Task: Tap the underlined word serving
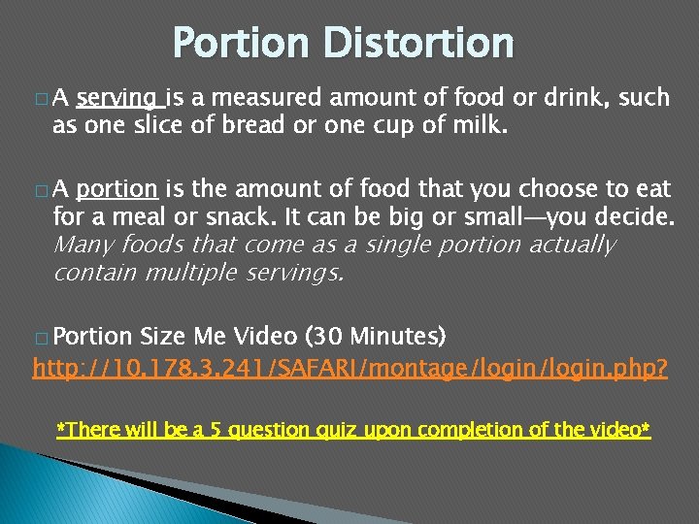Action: coord(119,97)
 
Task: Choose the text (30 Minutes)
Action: coord(376,337)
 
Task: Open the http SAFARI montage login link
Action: coord(349,369)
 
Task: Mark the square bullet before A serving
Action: coord(40,99)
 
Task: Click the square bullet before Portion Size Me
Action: coord(40,339)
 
